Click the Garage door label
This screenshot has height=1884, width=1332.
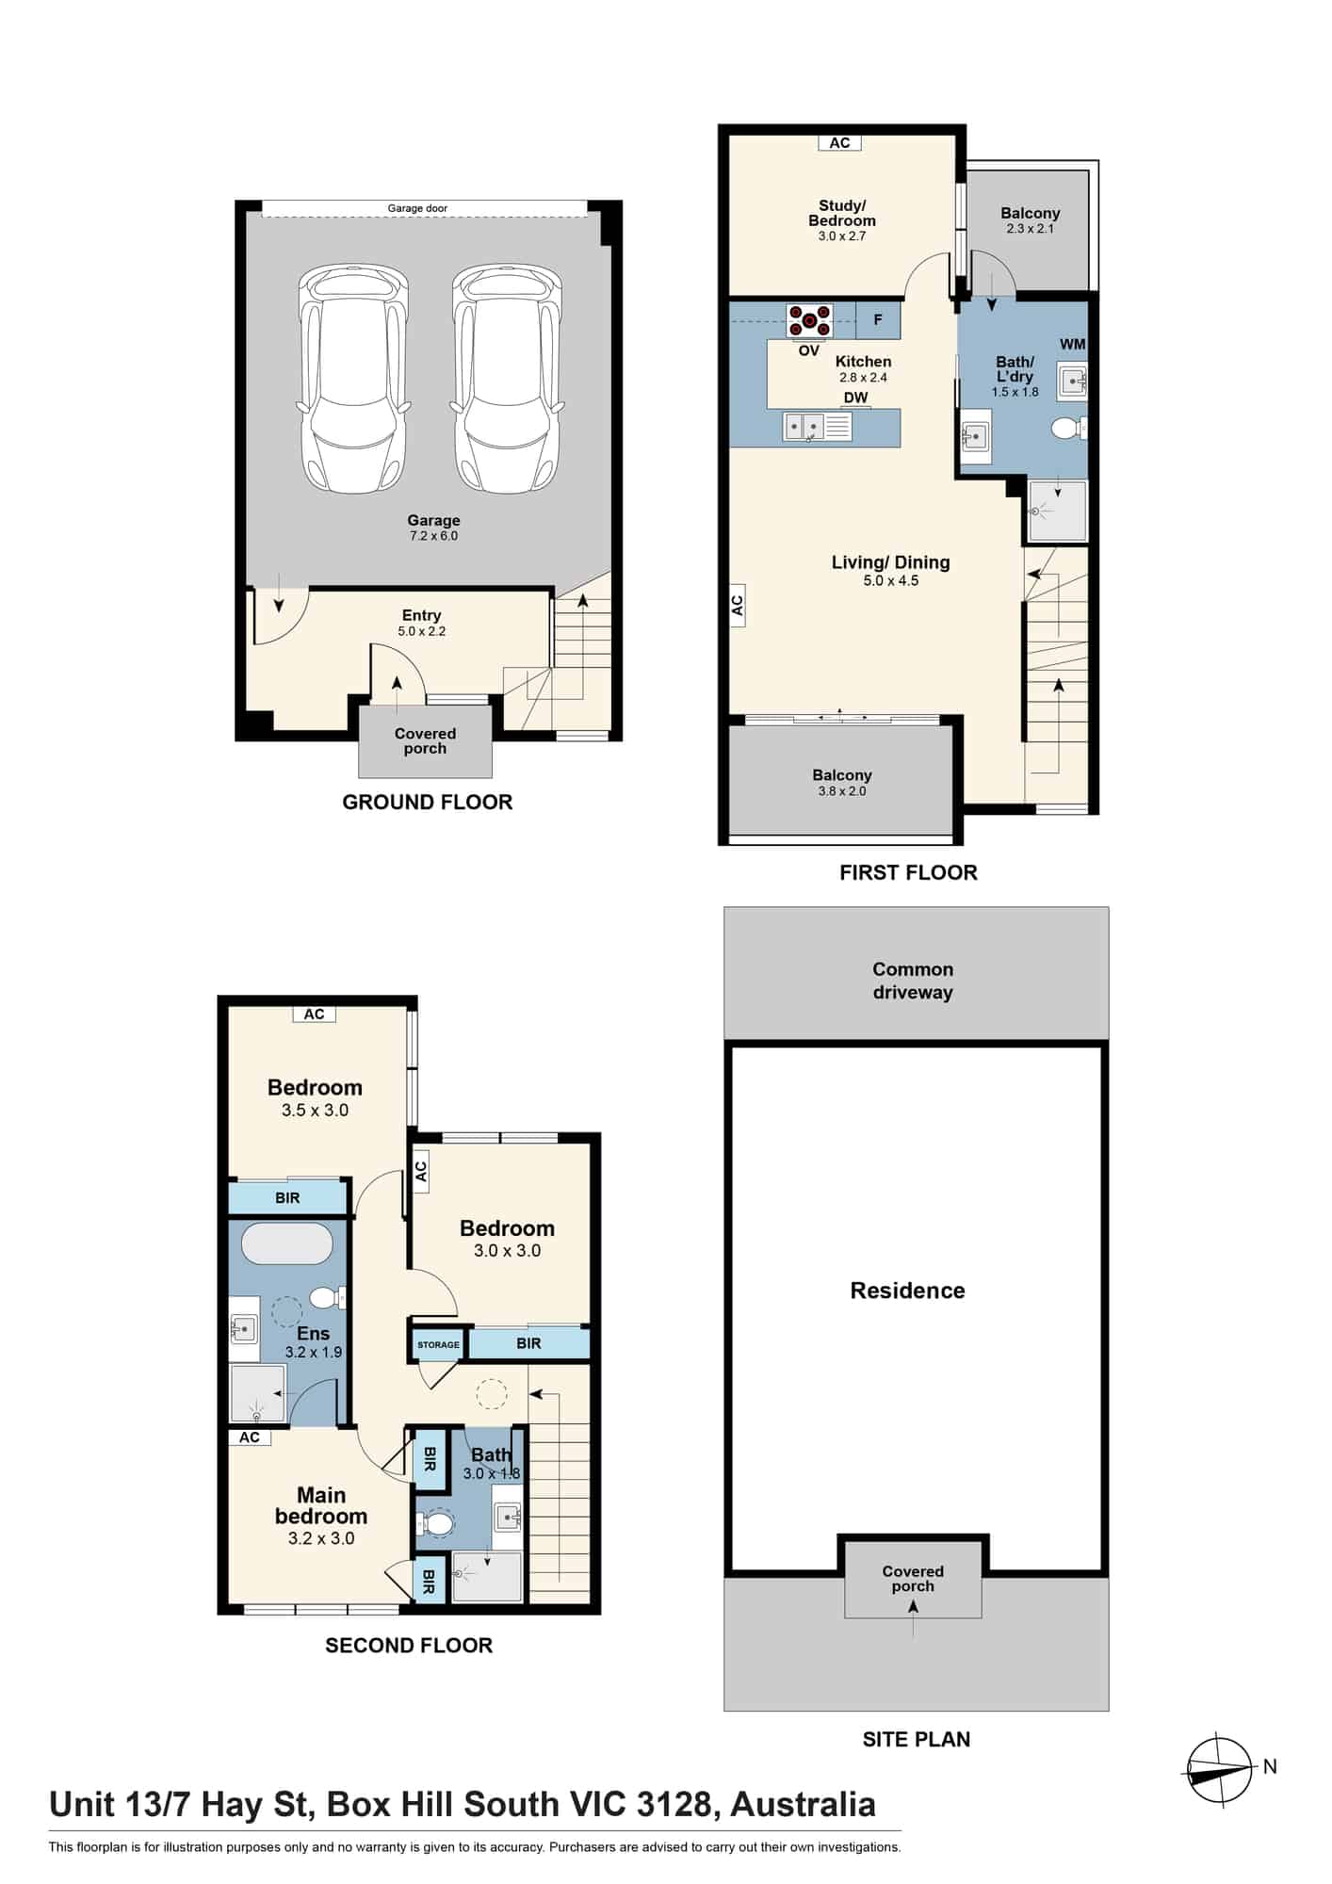coord(417,208)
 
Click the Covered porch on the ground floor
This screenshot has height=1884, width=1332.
coord(425,740)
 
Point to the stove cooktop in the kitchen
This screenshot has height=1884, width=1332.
coord(809,321)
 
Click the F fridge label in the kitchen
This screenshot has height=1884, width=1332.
coord(878,320)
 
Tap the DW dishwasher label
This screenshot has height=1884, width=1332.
coord(855,398)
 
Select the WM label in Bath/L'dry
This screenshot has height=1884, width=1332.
coord(1072,345)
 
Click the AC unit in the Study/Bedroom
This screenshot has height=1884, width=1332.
coord(839,143)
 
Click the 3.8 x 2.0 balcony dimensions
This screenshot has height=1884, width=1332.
coord(842,791)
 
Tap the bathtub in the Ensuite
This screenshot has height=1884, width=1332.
coord(287,1243)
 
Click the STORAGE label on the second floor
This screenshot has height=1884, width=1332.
coord(438,1345)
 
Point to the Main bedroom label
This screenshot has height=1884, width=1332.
coord(321,1505)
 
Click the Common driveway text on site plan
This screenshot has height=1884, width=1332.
coord(913,981)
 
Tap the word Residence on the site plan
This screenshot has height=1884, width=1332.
coord(908,1291)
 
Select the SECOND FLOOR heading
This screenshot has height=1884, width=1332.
coord(409,1646)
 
